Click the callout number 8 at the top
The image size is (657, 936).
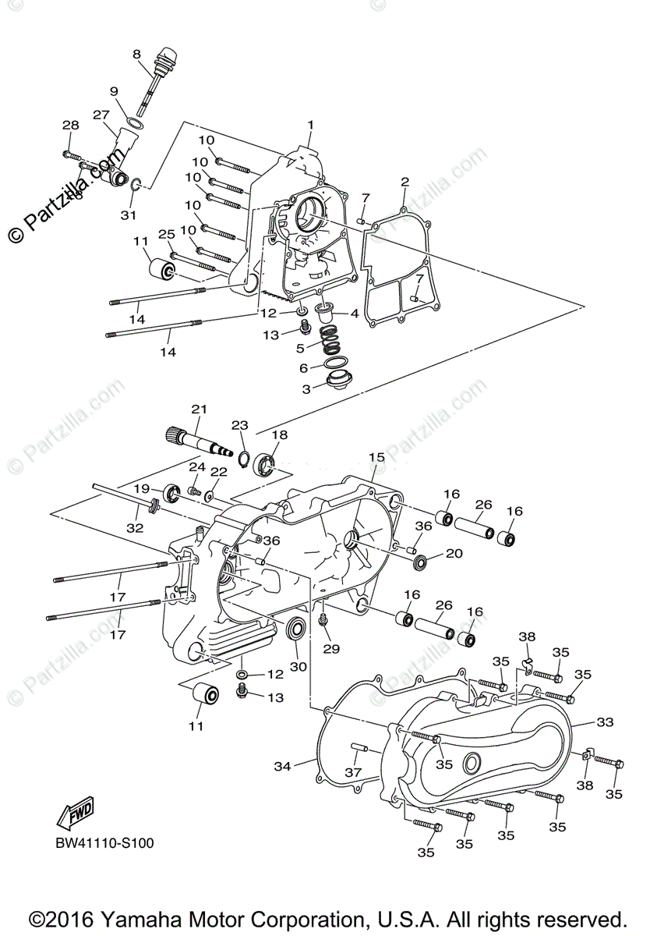[136, 54]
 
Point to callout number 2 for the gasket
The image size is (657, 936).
[404, 182]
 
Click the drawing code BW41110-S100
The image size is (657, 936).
[100, 845]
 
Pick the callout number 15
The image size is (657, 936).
[376, 456]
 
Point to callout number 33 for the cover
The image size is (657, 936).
[606, 722]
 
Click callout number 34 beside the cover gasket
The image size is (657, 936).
[282, 767]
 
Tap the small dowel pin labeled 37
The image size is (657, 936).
[359, 746]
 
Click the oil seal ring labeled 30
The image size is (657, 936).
[297, 628]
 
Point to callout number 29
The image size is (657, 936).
[332, 648]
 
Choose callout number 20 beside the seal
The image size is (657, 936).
[453, 554]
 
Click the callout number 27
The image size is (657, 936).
[101, 115]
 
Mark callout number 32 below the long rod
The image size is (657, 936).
[135, 527]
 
